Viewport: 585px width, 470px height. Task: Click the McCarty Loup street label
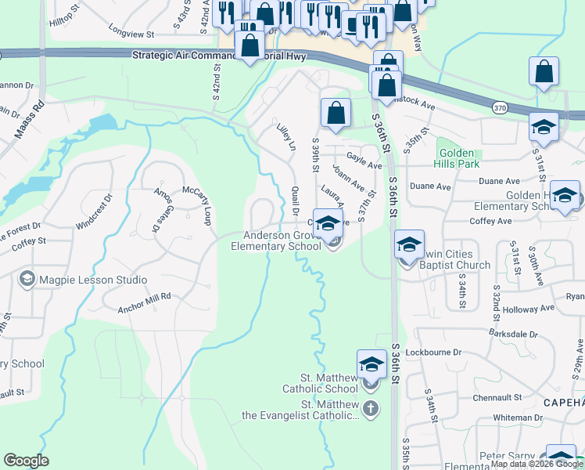[199, 206]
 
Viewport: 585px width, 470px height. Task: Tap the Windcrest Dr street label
[94, 212]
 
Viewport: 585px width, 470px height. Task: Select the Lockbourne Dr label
[434, 352]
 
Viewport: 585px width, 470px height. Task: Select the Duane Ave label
[431, 187]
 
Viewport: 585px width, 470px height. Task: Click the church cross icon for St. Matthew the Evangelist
[371, 408]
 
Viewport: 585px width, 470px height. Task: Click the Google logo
[26, 461]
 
